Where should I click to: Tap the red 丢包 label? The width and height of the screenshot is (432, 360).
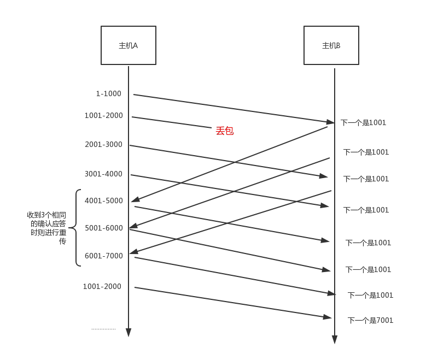(x=225, y=131)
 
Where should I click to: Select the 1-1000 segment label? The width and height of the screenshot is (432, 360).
(x=109, y=93)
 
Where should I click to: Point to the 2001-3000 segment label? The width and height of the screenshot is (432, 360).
(x=103, y=144)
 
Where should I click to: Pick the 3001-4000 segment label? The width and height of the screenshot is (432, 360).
(x=103, y=174)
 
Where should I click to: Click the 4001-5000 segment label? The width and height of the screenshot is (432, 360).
(x=104, y=200)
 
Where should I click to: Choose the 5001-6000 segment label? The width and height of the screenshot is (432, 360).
(x=104, y=228)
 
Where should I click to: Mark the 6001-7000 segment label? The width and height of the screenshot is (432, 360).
(x=104, y=256)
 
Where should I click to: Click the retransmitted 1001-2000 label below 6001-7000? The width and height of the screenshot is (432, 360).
(x=102, y=286)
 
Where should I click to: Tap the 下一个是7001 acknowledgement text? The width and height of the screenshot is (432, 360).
(x=370, y=320)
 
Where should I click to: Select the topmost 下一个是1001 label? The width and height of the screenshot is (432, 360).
(x=364, y=123)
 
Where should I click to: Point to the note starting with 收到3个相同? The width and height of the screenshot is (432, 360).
(x=47, y=228)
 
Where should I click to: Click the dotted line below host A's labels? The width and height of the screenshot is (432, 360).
(x=103, y=329)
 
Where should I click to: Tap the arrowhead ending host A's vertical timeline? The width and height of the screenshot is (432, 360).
(x=129, y=333)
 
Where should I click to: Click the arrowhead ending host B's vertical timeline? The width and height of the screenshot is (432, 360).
(x=335, y=340)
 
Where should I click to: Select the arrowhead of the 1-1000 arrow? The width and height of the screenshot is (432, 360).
(x=331, y=122)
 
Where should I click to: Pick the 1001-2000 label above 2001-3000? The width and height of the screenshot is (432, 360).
(x=104, y=115)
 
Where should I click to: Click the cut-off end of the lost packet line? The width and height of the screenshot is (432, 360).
(x=211, y=128)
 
